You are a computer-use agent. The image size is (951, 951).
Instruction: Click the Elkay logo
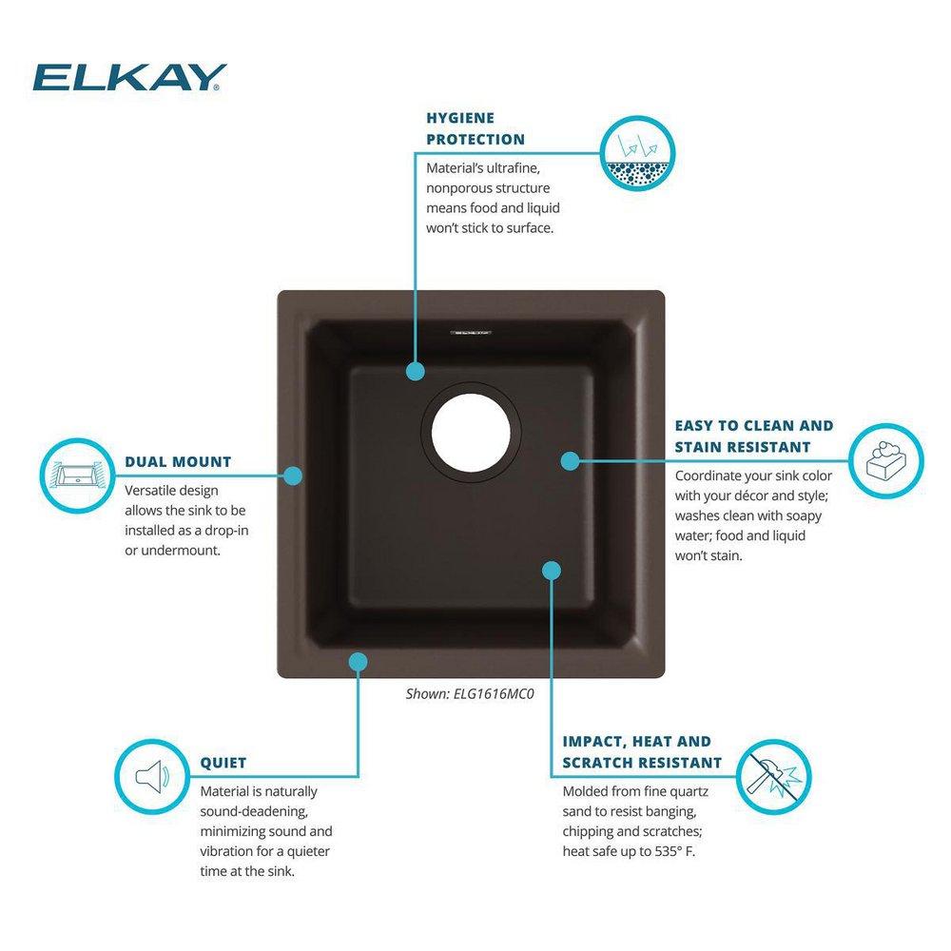click(129, 77)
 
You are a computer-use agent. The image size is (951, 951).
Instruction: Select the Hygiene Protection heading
click(475, 128)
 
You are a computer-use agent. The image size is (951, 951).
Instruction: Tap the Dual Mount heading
click(178, 462)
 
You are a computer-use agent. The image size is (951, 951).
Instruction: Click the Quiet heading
click(223, 763)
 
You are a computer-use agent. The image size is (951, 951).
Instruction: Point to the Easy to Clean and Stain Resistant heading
click(753, 436)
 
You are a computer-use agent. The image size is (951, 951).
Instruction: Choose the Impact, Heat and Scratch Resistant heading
click(642, 752)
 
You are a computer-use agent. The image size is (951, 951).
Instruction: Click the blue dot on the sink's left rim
click(293, 475)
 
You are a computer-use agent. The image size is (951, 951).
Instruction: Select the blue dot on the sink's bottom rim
click(358, 661)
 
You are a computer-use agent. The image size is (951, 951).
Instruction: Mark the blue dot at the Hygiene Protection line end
click(415, 371)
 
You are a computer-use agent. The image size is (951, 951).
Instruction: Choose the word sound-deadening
click(254, 810)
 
